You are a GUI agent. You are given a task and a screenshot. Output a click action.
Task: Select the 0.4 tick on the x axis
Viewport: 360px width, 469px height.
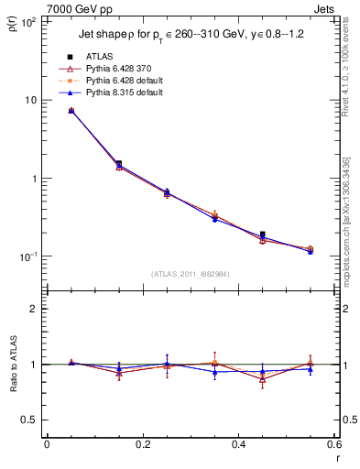(x=238, y=444)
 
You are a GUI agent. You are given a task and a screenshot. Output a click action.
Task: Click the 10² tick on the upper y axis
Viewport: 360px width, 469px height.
(x=27, y=21)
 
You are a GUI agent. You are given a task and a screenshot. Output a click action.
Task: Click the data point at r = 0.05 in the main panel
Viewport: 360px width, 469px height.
(x=71, y=110)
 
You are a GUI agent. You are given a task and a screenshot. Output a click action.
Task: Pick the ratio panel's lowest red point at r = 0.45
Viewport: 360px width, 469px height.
(x=262, y=379)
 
